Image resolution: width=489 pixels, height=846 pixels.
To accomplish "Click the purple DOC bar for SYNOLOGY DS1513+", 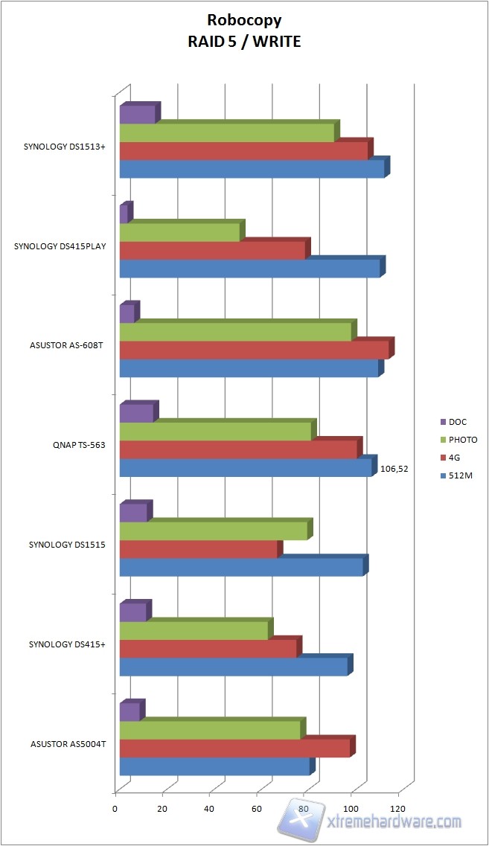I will click(138, 115).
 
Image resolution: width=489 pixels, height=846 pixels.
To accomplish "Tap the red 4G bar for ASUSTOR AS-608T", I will click(254, 350).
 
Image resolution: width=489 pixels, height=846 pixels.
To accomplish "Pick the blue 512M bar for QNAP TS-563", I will click(245, 467).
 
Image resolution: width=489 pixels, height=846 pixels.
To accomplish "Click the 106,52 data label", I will click(394, 470).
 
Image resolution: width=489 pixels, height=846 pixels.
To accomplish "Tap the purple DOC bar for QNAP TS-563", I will click(136, 413).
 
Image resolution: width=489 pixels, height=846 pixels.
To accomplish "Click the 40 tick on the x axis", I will click(209, 809).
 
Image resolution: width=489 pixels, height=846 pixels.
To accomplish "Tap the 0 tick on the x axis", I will click(115, 809).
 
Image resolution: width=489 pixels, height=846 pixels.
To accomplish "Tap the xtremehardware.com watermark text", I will click(394, 821).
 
